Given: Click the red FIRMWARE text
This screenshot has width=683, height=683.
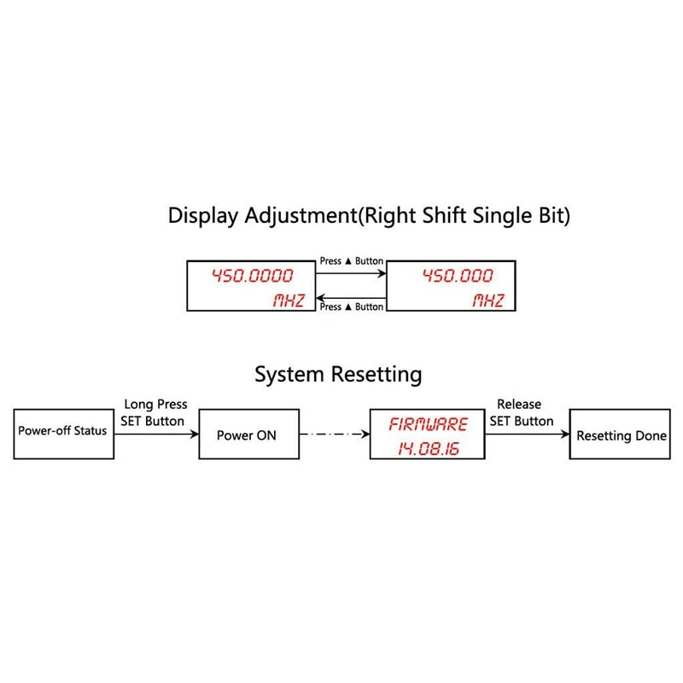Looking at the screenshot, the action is tap(429, 424).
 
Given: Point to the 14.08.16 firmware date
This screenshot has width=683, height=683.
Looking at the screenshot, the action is tap(429, 449).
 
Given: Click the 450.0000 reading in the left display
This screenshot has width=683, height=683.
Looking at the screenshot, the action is tap(253, 276).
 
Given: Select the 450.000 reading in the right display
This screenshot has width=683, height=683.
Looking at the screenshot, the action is tap(458, 276).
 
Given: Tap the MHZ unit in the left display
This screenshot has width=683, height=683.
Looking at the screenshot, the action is tap(289, 301).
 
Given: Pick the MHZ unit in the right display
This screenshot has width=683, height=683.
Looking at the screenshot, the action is tap(488, 301).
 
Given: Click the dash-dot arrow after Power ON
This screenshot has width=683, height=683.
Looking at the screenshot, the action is tap(335, 434).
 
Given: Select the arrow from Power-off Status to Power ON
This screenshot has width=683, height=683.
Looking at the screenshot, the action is tap(156, 434).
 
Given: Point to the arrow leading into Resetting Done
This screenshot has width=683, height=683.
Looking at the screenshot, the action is tap(527, 434).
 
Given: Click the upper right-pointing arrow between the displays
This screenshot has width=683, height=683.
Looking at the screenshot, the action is tap(351, 273).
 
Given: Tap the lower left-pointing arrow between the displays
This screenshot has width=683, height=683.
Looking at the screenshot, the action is tap(351, 298).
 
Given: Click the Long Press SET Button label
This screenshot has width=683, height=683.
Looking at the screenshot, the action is tap(154, 412).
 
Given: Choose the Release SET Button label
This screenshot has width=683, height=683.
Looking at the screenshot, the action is tap(522, 412).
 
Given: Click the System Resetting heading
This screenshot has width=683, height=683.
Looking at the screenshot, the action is tap(338, 375).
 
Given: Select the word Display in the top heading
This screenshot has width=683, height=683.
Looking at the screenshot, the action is tap(203, 216).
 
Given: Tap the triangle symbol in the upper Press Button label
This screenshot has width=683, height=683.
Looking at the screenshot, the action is tap(348, 261).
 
